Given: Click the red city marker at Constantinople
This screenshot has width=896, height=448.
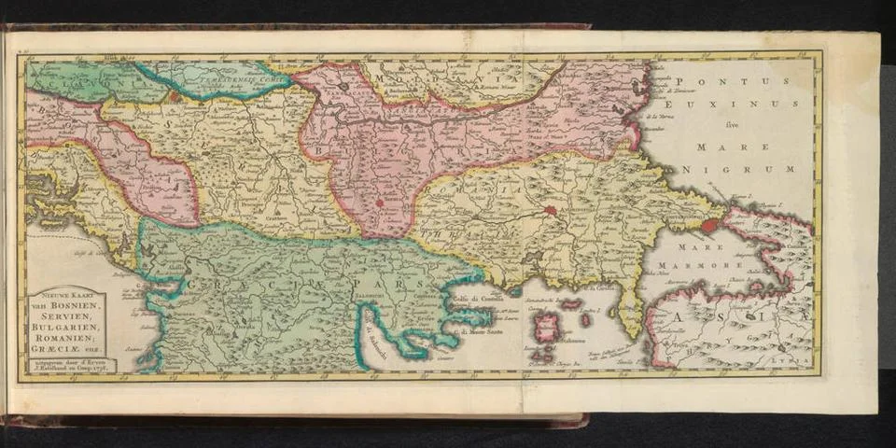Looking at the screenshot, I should click(x=711, y=225).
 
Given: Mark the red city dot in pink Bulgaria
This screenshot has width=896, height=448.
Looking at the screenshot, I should click(x=380, y=201).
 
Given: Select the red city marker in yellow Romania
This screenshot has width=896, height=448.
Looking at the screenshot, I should click(x=551, y=211).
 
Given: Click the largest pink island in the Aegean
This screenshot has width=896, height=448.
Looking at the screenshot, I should click(x=546, y=327).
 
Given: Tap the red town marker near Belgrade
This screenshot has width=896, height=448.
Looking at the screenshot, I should click(x=174, y=95).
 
